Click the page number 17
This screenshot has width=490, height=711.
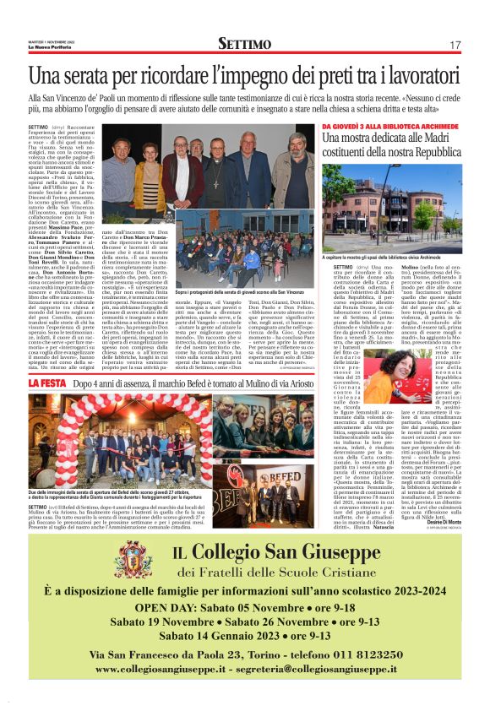coord(455,44)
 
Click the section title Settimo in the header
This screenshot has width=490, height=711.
coord(244,43)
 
